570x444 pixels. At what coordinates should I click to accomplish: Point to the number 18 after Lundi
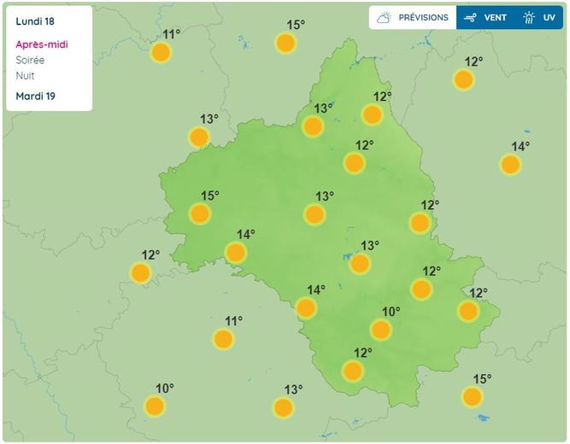50,20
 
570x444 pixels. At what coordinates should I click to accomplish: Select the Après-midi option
42,44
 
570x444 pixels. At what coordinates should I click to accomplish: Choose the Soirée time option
31,60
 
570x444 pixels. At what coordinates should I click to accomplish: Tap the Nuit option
26,75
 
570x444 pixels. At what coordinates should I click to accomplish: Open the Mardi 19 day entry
35,96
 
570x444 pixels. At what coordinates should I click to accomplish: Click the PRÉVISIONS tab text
423,17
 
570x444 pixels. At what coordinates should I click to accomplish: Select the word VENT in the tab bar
496,17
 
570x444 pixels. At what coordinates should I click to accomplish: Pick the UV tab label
549,17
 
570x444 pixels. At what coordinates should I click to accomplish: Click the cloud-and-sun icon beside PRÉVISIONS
384,17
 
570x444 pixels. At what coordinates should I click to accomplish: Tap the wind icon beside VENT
469,17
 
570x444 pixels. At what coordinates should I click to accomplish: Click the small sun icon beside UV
529,17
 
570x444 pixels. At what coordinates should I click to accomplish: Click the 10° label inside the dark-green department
391,312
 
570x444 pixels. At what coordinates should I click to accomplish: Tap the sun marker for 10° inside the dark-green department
381,330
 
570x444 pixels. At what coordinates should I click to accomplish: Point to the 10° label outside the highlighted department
165,388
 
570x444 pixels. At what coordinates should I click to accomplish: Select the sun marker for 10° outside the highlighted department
155,406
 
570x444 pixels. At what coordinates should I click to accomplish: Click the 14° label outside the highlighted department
520,146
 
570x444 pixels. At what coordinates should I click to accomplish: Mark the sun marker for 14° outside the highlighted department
510,164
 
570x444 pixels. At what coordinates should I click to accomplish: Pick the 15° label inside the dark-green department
210,196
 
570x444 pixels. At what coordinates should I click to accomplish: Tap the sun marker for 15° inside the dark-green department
200,213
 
